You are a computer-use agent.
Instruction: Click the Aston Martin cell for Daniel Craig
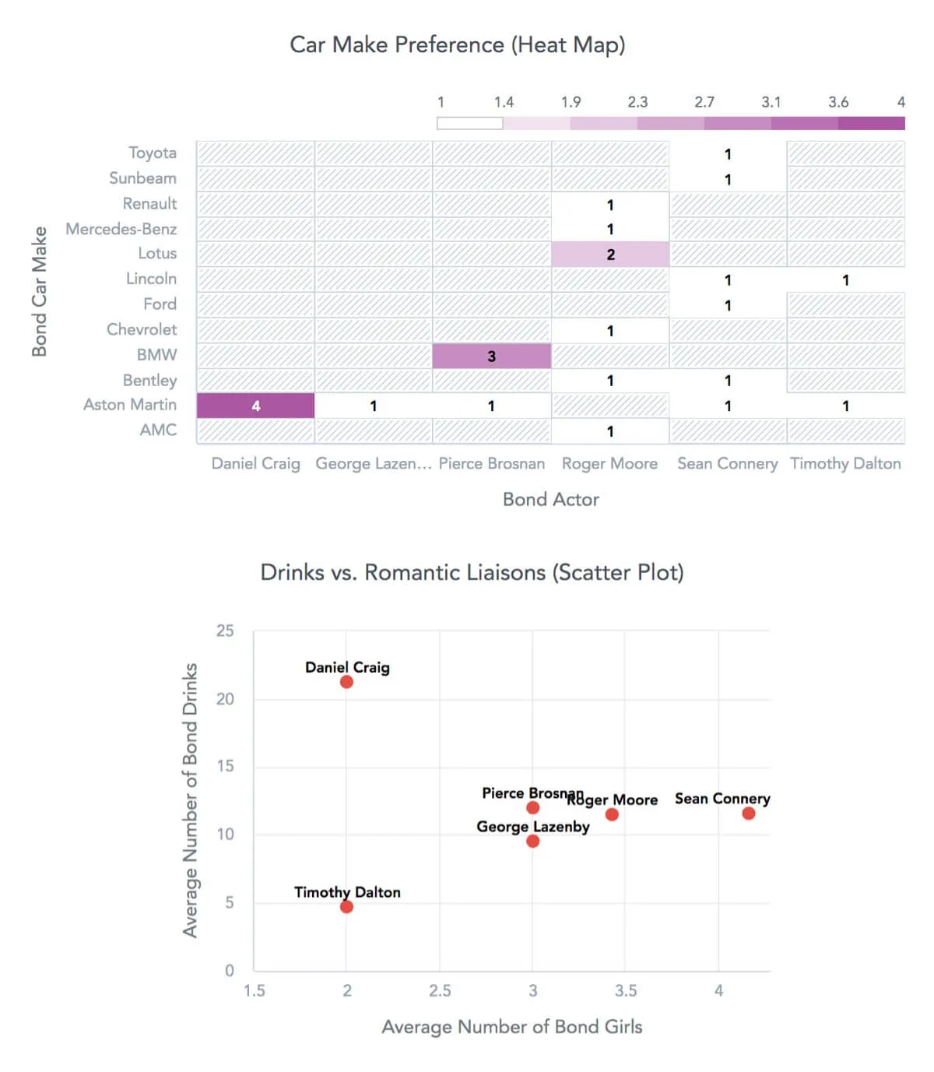pos(255,406)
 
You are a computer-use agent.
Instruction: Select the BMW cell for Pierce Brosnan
pos(491,356)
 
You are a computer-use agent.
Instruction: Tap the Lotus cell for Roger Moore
pos(610,254)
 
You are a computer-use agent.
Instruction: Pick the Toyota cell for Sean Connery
pos(728,153)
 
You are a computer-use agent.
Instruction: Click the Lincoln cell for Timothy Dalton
pos(845,279)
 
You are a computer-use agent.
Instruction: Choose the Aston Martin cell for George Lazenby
pos(374,406)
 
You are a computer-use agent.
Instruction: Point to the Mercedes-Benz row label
pos(121,229)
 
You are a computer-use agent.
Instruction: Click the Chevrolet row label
pos(142,329)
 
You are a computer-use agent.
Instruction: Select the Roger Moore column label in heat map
pos(609,464)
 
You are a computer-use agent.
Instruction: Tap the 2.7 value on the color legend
pos(704,102)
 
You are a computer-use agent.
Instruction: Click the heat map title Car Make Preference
pos(457,45)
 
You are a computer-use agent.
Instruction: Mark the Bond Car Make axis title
pos(39,292)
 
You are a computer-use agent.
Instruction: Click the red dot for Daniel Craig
pos(346,682)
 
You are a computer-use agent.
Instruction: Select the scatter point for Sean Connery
pos(748,814)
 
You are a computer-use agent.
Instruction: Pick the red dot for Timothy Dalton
pos(346,907)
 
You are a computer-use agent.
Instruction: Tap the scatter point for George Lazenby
pos(532,841)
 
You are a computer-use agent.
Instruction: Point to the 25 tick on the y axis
pos(225,631)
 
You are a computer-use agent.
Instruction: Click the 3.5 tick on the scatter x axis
pos(625,991)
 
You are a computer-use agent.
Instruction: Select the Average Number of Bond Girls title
pos(511,1027)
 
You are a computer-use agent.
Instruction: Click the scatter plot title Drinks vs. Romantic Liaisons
pos(472,572)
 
